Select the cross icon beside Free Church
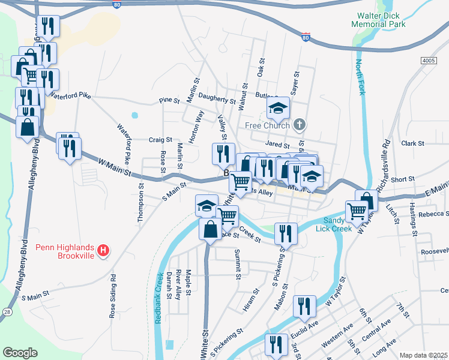point(300,125)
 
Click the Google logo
point(20,352)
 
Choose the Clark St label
point(413,143)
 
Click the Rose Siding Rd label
point(112,296)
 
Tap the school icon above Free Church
point(278,107)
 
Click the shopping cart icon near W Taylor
point(357,211)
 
